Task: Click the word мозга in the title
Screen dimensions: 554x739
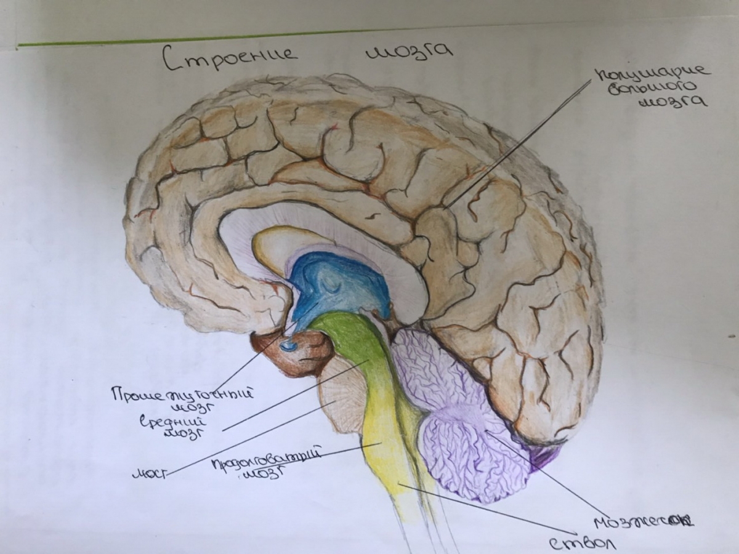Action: [x=409, y=54]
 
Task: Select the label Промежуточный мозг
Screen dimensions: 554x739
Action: [x=184, y=398]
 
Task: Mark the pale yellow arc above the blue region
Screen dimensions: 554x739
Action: [x=271, y=246]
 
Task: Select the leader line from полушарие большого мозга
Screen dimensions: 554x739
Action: [x=517, y=145]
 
